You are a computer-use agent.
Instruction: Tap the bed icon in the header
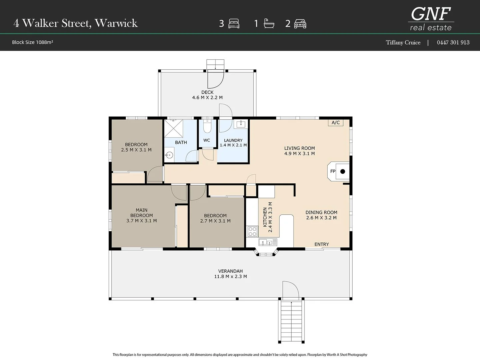(234, 24)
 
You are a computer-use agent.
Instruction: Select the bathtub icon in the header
(269, 24)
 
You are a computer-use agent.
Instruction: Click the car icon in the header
(300, 24)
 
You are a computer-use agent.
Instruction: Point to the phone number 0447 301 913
(453, 42)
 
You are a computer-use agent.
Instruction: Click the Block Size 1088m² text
(32, 42)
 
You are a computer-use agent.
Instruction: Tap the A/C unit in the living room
(336, 123)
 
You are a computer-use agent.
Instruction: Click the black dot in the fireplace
(343, 172)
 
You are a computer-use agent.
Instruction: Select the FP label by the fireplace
(333, 171)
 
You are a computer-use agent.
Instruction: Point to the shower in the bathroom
(174, 129)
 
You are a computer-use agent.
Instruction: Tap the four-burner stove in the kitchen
(252, 232)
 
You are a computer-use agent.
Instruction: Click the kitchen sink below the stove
(268, 242)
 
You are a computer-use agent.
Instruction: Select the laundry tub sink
(241, 124)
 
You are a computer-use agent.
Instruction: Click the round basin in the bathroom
(169, 155)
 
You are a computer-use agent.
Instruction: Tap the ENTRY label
(321, 244)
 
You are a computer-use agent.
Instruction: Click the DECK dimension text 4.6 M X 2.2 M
(207, 98)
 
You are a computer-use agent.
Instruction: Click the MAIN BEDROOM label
(141, 213)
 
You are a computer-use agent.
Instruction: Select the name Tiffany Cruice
(403, 42)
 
